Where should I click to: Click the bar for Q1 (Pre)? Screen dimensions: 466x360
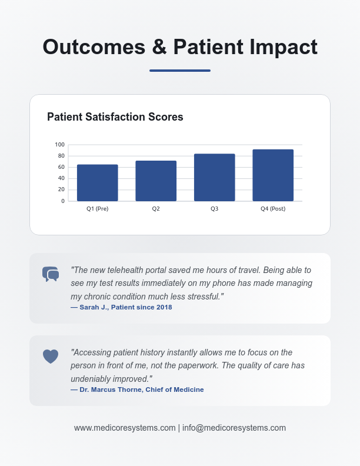click(x=97, y=183)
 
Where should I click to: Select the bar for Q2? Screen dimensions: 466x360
click(x=156, y=181)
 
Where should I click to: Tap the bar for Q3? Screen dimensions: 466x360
click(x=215, y=178)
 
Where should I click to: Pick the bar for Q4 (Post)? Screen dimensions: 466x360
click(x=273, y=175)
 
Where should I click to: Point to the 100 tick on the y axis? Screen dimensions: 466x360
click(x=59, y=145)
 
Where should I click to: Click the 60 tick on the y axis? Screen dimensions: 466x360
click(x=61, y=167)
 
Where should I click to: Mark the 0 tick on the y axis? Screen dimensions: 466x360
click(x=63, y=201)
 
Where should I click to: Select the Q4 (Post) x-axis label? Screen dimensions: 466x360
click(x=273, y=209)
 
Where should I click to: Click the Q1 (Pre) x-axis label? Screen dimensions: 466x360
click(x=97, y=209)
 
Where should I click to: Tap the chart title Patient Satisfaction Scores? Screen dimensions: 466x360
click(x=115, y=117)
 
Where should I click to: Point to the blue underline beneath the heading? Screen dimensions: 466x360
click(x=180, y=71)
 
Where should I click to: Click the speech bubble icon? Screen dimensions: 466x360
click(x=51, y=274)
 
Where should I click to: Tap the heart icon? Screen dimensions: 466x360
click(x=51, y=356)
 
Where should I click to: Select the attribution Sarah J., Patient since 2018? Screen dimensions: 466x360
click(x=121, y=307)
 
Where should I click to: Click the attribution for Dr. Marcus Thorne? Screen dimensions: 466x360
click(x=137, y=390)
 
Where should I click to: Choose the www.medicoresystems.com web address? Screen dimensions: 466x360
click(x=125, y=428)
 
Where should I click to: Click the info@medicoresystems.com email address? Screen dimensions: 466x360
click(x=234, y=428)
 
